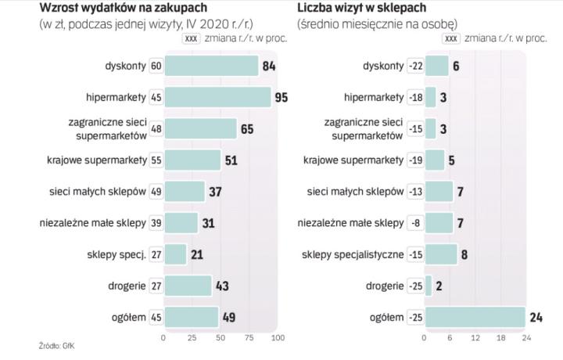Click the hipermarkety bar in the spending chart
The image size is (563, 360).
tap(217, 97)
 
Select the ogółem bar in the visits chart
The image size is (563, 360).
tap(475, 317)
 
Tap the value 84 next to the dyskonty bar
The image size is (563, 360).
tap(269, 66)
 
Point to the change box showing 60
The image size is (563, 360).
tap(156, 66)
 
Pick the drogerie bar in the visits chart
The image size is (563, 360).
tap(428, 286)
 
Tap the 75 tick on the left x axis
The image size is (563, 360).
tap(249, 338)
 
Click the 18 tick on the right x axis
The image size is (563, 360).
tap(500, 338)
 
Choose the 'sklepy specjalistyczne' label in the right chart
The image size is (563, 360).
tap(353, 254)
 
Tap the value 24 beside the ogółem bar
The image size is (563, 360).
tap(537, 317)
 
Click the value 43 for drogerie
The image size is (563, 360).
tap(222, 286)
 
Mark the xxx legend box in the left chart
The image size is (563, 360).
tap(190, 37)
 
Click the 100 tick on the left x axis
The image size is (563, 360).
tap(277, 338)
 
